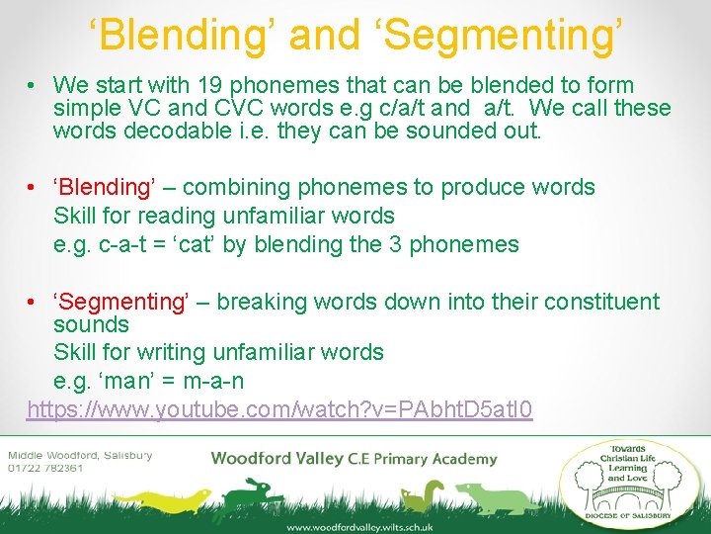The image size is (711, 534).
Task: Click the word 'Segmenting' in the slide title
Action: pos(505,34)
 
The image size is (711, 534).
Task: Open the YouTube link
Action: pos(279,409)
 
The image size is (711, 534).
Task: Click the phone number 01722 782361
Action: pos(46,468)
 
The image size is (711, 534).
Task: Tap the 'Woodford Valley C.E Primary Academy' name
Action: pos(354,458)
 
